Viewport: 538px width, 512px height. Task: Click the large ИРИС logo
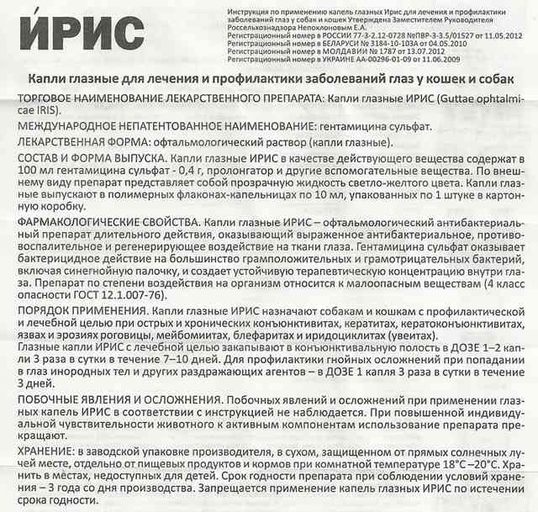(x=76, y=35)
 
